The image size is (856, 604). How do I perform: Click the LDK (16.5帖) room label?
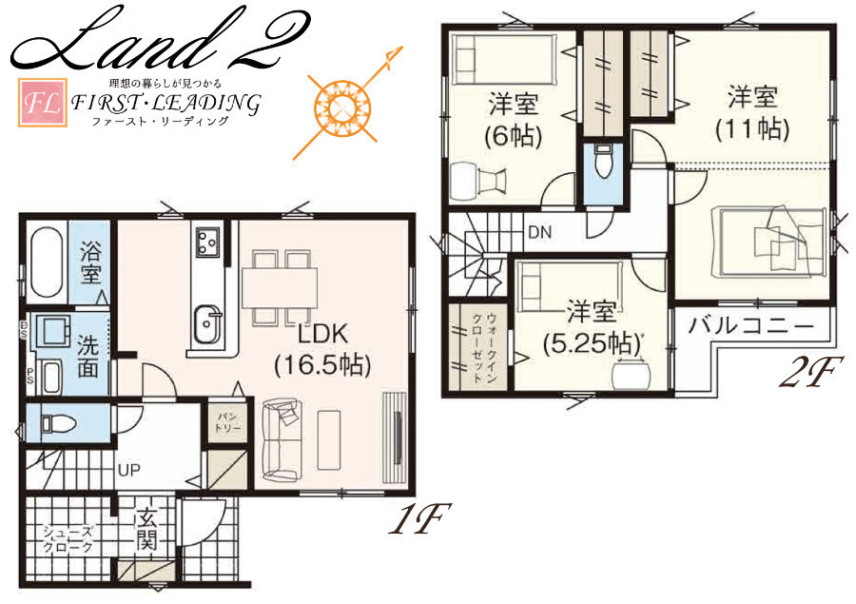[322, 349]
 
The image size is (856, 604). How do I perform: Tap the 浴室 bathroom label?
[90, 263]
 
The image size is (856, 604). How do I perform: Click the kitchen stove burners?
[208, 242]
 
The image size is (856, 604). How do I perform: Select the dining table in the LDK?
[280, 288]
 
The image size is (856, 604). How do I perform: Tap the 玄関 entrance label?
[147, 529]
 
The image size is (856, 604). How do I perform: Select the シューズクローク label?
[68, 538]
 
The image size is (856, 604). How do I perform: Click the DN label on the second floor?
[540, 232]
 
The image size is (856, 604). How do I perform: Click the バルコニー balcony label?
[751, 326]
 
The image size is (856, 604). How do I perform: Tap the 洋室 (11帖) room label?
[752, 113]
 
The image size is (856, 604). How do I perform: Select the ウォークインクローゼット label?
[484, 348]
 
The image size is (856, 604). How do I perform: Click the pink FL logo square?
[43, 103]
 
